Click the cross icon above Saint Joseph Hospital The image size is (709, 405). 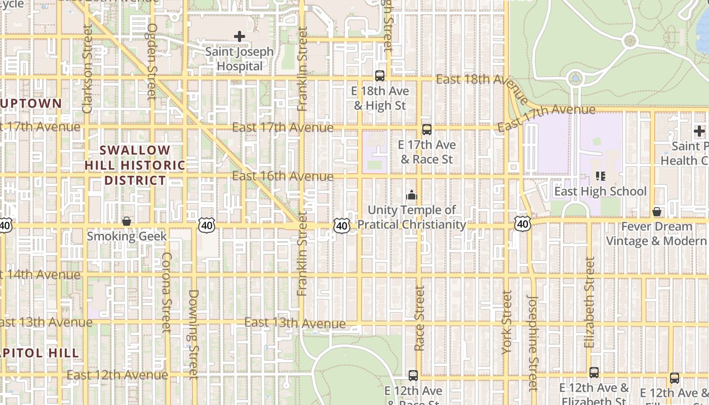click(240, 36)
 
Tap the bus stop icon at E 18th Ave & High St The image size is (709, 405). click(380, 76)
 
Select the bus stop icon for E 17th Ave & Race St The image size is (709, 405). click(427, 130)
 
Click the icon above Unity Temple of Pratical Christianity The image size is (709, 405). click(412, 195)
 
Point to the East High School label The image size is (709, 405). click(600, 191)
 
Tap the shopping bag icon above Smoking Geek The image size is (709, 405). click(127, 221)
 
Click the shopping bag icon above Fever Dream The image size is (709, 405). click(657, 212)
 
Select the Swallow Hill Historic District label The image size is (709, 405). click(135, 165)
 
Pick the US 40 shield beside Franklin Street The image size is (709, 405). click(342, 226)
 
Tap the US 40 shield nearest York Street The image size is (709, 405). click(523, 223)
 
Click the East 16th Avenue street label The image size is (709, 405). click(283, 176)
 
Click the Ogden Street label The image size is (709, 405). click(151, 61)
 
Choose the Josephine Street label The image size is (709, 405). click(532, 343)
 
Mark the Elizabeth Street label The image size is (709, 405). click(589, 302)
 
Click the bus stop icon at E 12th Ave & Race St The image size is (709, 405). click(413, 376)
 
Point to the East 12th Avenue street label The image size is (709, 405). click(117, 375)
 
